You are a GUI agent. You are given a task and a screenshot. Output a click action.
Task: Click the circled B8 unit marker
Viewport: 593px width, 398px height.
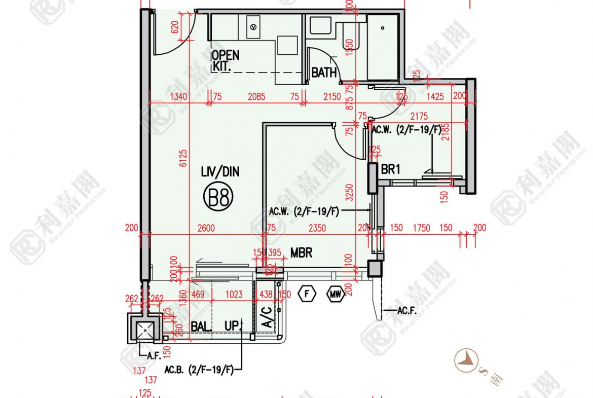(219, 197)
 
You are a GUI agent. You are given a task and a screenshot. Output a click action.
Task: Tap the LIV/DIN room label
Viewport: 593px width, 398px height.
(220, 172)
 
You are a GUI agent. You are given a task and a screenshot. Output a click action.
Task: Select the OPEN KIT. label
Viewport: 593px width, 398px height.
(225, 60)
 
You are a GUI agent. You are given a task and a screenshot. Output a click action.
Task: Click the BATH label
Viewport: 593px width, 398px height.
(323, 73)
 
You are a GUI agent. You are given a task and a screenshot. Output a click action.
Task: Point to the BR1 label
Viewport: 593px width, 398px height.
(390, 169)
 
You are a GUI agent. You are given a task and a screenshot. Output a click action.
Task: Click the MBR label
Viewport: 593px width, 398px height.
(301, 252)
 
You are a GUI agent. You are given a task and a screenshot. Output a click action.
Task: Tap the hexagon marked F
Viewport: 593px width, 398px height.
(307, 294)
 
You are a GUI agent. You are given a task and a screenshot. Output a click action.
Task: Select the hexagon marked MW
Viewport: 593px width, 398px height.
(335, 294)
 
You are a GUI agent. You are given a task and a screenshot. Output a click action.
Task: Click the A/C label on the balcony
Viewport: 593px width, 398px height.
(266, 317)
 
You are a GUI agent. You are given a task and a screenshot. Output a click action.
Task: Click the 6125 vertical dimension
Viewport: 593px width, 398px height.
(183, 158)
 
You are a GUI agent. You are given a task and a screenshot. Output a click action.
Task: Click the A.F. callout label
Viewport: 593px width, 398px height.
(154, 356)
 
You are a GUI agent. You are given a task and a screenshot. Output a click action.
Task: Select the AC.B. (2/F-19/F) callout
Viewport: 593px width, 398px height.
(199, 371)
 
